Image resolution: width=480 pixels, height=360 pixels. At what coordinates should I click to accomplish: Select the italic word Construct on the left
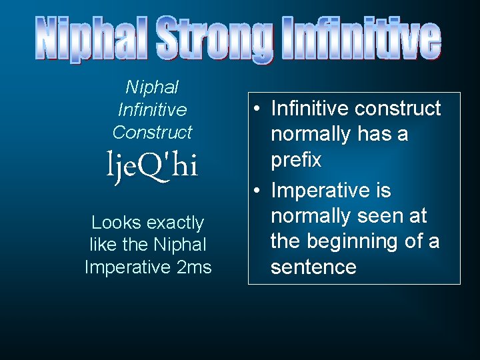(x=152, y=132)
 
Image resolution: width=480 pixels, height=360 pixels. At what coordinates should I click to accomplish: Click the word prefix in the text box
(x=296, y=160)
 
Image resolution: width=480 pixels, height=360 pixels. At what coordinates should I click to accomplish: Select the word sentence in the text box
(x=313, y=267)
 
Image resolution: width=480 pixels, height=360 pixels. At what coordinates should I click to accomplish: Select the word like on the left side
(x=103, y=245)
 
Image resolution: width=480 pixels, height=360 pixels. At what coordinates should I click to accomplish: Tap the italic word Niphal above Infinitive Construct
(x=152, y=87)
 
